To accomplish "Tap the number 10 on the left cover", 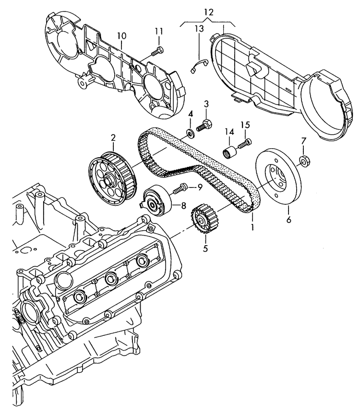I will pos(121,36).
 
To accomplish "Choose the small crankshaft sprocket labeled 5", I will pos(204,220).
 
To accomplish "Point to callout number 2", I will pos(113,138).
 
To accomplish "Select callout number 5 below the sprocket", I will pos(205,248).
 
